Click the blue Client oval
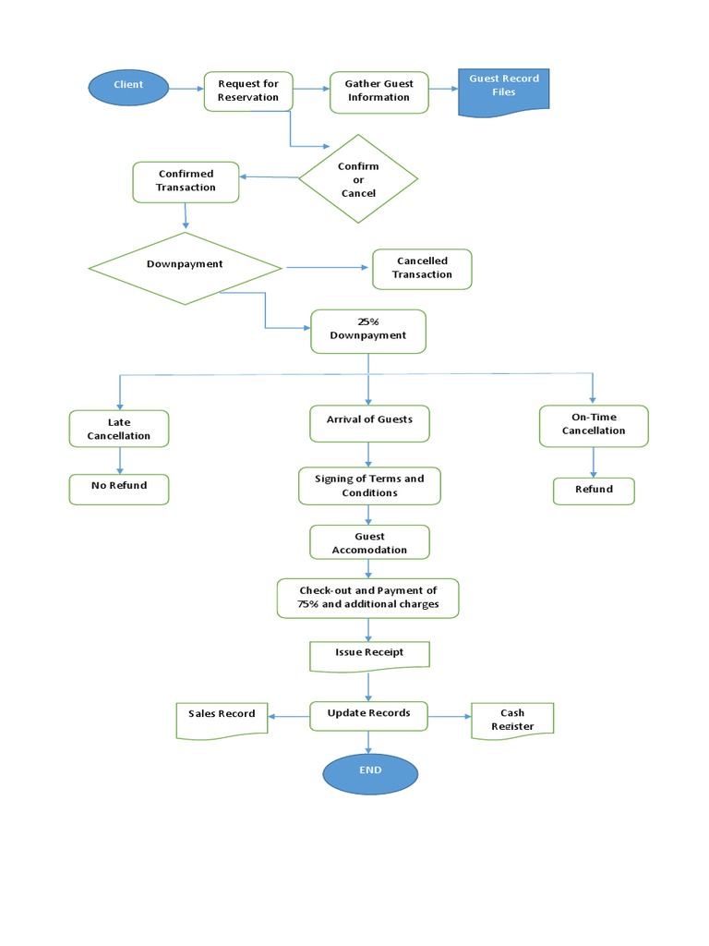pos(129,86)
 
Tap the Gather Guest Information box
pos(379,91)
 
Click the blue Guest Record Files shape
pos(504,91)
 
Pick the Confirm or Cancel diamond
pos(358,179)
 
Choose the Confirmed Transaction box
pos(186,181)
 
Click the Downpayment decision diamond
pos(185,267)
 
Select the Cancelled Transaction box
pos(422,268)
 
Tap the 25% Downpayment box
pos(368,330)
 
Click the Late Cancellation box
pos(119,429)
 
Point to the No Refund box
pos(119,489)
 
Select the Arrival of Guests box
pos(369,422)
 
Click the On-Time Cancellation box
pos(594,425)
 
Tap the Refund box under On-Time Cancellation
pos(594,491)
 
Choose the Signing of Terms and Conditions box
pos(369,486)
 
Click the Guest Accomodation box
pos(369,543)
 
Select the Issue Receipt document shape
pos(369,654)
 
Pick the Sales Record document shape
pos(222,719)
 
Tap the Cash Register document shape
pos(512,718)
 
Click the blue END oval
pos(370,772)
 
